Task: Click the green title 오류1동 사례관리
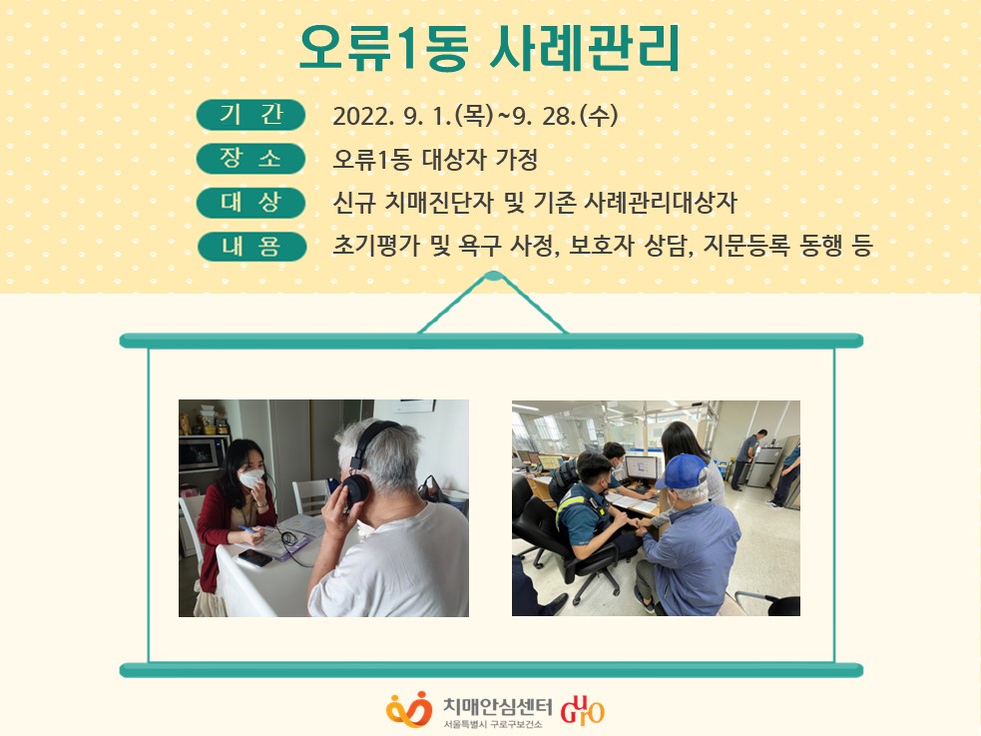coord(489,48)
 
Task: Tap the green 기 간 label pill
coord(250,115)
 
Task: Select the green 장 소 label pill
coord(250,159)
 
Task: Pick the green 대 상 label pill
coord(250,202)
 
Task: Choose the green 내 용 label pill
coord(251,246)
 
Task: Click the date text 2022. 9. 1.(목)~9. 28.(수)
coord(475,115)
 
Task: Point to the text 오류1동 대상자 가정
coord(435,159)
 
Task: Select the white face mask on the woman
coord(251,478)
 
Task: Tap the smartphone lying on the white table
coord(254,557)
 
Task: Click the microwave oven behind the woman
coord(203,453)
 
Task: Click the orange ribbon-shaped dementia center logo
coord(409,709)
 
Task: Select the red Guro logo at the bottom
coord(582,710)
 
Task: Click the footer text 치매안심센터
coord(497,706)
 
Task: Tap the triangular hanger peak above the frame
coord(493,277)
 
